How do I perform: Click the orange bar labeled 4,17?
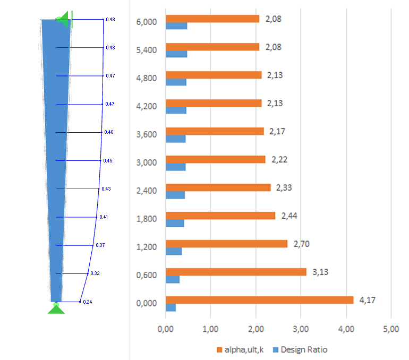(x=259, y=300)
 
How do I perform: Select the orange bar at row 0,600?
(x=236, y=272)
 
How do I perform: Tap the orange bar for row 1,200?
(x=226, y=244)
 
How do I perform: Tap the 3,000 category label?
(x=147, y=162)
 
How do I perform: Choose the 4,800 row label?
(x=147, y=78)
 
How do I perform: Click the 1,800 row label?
(x=147, y=218)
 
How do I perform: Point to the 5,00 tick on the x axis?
(x=391, y=329)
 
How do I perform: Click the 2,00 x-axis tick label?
(x=255, y=329)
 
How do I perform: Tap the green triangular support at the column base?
(x=56, y=308)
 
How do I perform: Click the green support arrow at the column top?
(x=64, y=20)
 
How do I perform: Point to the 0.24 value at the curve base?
(x=88, y=302)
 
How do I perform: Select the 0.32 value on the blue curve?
(x=95, y=273)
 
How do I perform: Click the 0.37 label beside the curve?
(x=100, y=245)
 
